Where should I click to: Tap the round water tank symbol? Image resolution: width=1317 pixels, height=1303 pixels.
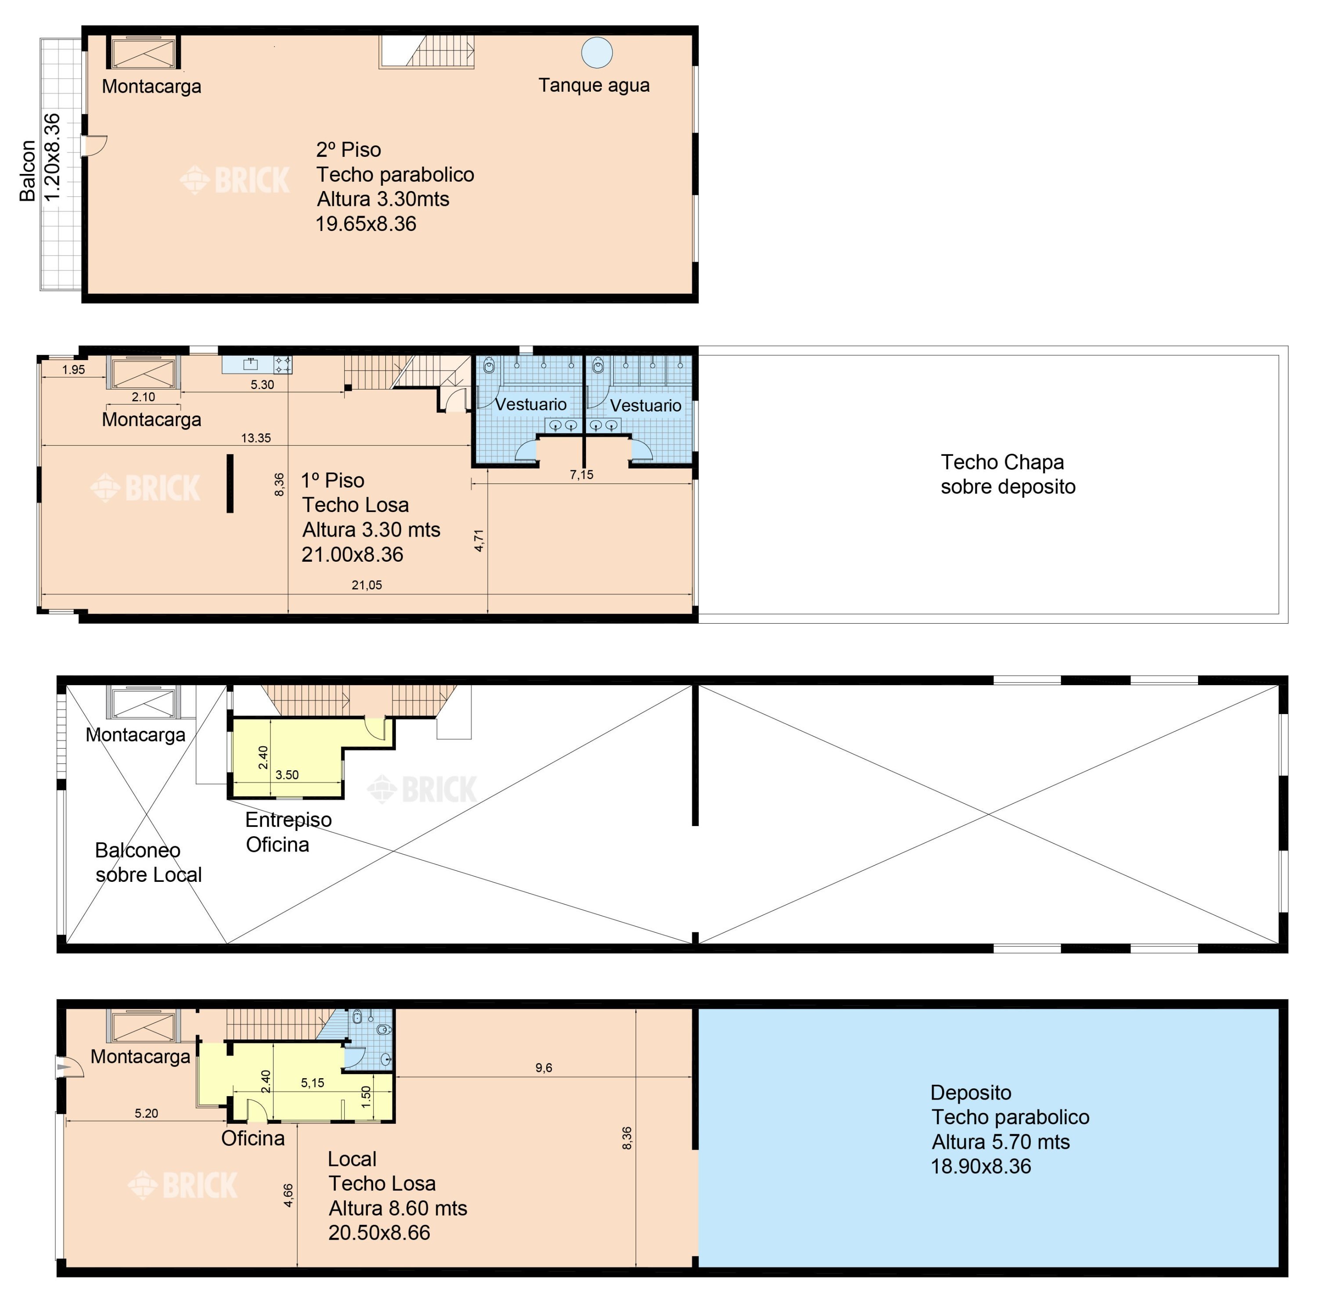pyautogui.click(x=597, y=53)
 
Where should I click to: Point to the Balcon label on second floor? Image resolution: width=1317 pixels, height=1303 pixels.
pyautogui.click(x=27, y=170)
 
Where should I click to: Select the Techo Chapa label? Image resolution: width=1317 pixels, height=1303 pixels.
pyautogui.click(x=1002, y=462)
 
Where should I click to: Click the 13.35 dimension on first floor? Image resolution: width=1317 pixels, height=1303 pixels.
pyautogui.click(x=255, y=438)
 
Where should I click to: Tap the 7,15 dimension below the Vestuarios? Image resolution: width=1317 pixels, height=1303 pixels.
pyautogui.click(x=582, y=475)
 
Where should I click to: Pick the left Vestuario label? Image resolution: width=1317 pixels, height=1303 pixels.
pyautogui.click(x=530, y=404)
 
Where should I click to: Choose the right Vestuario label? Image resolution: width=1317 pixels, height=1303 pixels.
pyautogui.click(x=645, y=406)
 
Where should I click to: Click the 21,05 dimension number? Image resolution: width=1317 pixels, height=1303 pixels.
pyautogui.click(x=367, y=585)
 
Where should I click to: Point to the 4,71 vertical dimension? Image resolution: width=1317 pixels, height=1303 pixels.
pyautogui.click(x=479, y=541)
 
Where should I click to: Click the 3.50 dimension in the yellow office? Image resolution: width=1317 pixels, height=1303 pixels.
pyautogui.click(x=287, y=775)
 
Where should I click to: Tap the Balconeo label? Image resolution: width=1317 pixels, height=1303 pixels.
pyautogui.click(x=138, y=850)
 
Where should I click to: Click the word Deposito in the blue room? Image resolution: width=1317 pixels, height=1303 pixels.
pyautogui.click(x=971, y=1092)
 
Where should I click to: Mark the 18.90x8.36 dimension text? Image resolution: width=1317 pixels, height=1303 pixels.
pyautogui.click(x=981, y=1166)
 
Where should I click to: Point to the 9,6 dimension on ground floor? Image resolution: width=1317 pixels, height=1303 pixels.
pyautogui.click(x=543, y=1068)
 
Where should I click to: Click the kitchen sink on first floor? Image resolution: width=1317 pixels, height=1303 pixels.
pyautogui.click(x=250, y=364)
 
